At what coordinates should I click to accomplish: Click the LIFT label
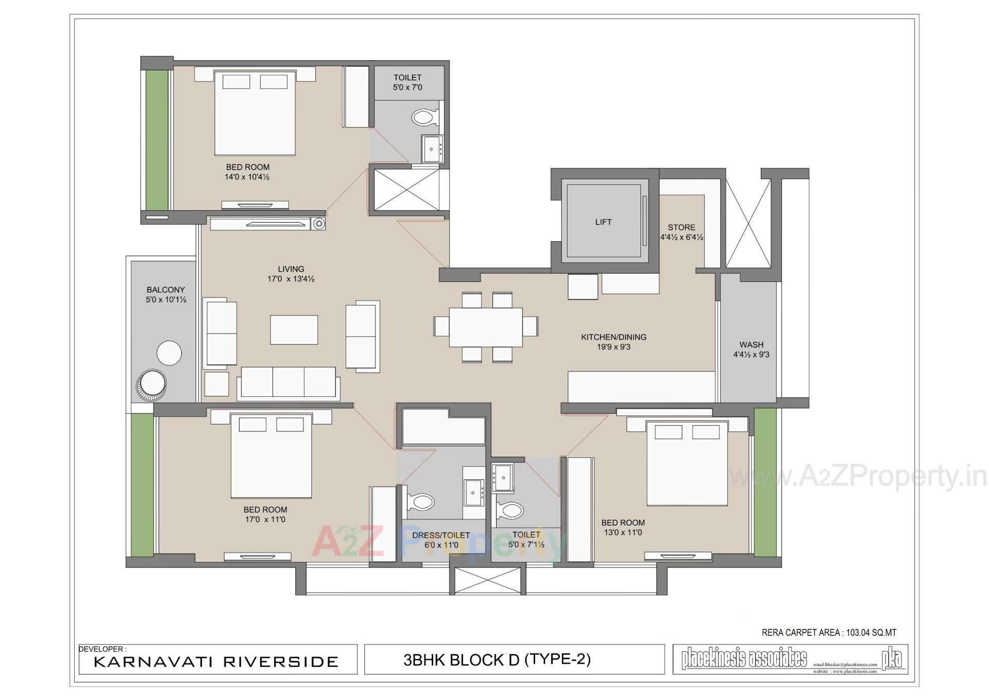[603, 222]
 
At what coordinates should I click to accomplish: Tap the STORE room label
[681, 227]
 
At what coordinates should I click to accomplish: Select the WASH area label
[751, 345]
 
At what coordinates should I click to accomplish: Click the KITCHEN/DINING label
[613, 337]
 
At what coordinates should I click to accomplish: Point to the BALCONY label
[165, 290]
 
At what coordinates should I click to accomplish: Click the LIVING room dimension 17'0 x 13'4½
[291, 279]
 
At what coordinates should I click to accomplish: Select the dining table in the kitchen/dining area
[486, 327]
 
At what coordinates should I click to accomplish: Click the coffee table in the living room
[294, 330]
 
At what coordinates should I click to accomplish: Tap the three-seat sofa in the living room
[288, 382]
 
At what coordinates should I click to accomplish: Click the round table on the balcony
[169, 354]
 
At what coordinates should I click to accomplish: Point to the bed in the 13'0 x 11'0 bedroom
[687, 463]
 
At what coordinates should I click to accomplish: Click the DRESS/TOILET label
[441, 536]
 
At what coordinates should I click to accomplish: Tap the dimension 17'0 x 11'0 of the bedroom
[265, 520]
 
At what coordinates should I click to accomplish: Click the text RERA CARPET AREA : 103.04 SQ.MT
[829, 632]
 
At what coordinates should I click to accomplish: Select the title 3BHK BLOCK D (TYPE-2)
[497, 659]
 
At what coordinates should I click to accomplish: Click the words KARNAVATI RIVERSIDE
[216, 662]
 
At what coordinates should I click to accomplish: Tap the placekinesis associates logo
[744, 659]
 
